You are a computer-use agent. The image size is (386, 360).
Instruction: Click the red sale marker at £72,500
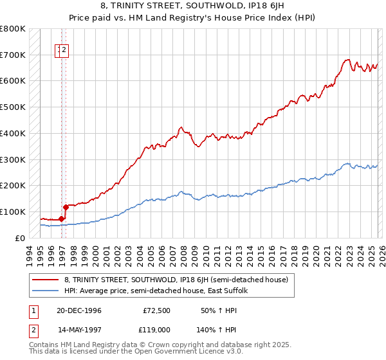click(x=62, y=219)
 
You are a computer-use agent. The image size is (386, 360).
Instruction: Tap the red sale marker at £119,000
click(x=66, y=207)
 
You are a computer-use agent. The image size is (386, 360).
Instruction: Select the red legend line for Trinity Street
click(x=45, y=280)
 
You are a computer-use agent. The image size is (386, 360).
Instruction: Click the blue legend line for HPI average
click(x=45, y=291)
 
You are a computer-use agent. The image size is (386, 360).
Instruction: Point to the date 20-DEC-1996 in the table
click(x=78, y=310)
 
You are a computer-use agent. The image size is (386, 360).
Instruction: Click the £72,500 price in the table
click(x=156, y=310)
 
